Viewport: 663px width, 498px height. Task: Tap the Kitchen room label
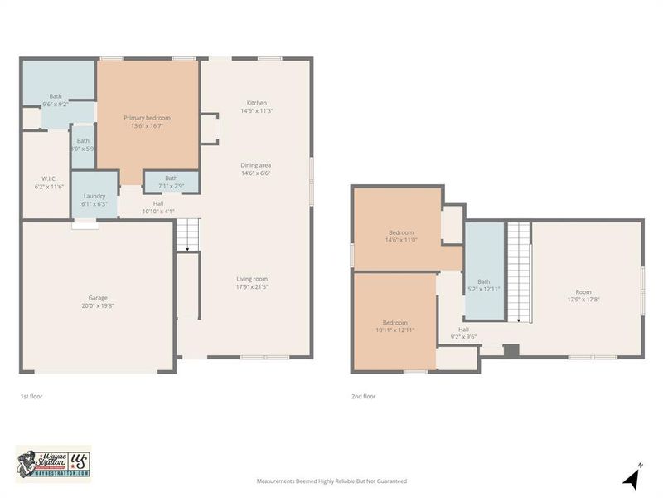point(255,107)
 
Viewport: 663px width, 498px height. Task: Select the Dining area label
point(255,169)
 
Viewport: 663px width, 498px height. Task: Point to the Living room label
point(252,283)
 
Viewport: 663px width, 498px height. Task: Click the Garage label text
point(98,301)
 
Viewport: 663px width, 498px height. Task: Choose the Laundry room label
point(94,199)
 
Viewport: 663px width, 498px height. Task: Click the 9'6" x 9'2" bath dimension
point(55,105)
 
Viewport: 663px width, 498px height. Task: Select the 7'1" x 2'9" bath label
point(171,182)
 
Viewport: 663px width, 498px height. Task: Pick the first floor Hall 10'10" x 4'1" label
point(157,207)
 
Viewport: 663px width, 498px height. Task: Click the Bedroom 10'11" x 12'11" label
point(394,326)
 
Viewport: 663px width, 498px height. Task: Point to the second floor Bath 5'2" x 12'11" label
point(484,286)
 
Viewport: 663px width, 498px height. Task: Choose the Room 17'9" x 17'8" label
point(584,295)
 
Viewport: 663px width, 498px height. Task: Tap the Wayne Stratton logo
point(53,463)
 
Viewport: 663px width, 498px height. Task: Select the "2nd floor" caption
point(363,397)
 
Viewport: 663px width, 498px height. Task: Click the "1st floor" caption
point(31,397)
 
